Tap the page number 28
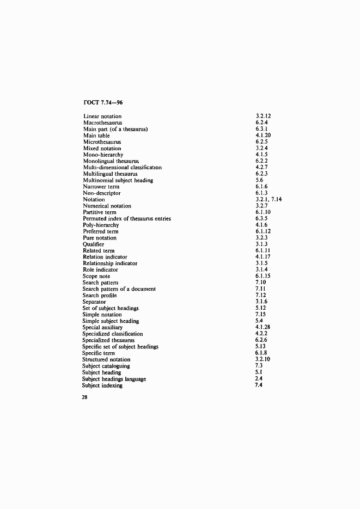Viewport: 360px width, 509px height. click(86, 397)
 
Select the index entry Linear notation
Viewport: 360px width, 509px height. click(102, 116)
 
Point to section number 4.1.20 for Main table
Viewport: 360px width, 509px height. click(264, 136)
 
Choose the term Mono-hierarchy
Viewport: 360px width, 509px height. click(103, 155)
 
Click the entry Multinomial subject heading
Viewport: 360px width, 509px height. click(118, 180)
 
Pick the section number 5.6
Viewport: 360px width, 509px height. click(259, 180)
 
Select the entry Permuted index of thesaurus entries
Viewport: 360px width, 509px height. click(127, 219)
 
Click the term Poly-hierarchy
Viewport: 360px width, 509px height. click(101, 225)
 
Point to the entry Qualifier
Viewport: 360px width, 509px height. click(94, 244)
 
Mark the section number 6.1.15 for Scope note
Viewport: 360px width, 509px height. click(264, 277)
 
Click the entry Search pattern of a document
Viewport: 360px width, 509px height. click(119, 289)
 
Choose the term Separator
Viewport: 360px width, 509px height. click(94, 302)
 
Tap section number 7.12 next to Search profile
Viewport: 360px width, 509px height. click(260, 296)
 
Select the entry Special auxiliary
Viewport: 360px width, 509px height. click(102, 328)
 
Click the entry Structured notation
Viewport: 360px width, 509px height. click(106, 360)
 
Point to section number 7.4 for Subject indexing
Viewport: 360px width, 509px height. click(259, 385)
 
